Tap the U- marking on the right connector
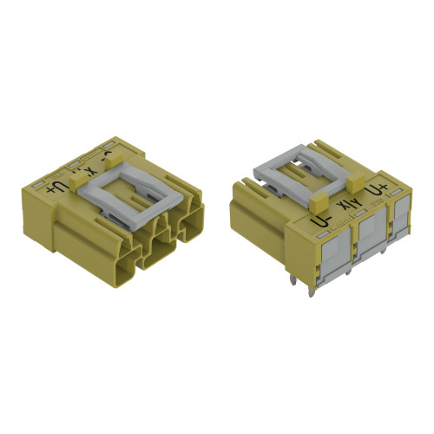(x=321, y=224)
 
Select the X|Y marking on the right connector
(x=348, y=208)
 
